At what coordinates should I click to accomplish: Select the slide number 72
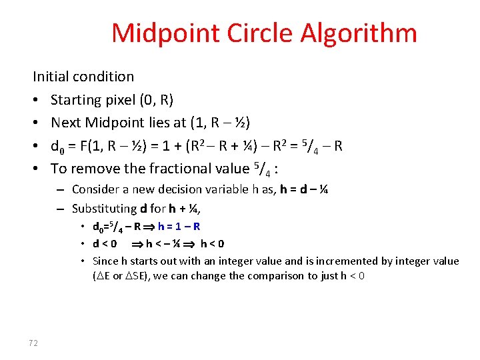click(x=33, y=343)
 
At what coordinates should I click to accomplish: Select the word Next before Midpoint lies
click(x=65, y=122)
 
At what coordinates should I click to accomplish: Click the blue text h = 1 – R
click(x=179, y=227)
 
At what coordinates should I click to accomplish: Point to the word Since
click(x=105, y=261)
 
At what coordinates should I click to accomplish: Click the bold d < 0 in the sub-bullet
click(x=105, y=243)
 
